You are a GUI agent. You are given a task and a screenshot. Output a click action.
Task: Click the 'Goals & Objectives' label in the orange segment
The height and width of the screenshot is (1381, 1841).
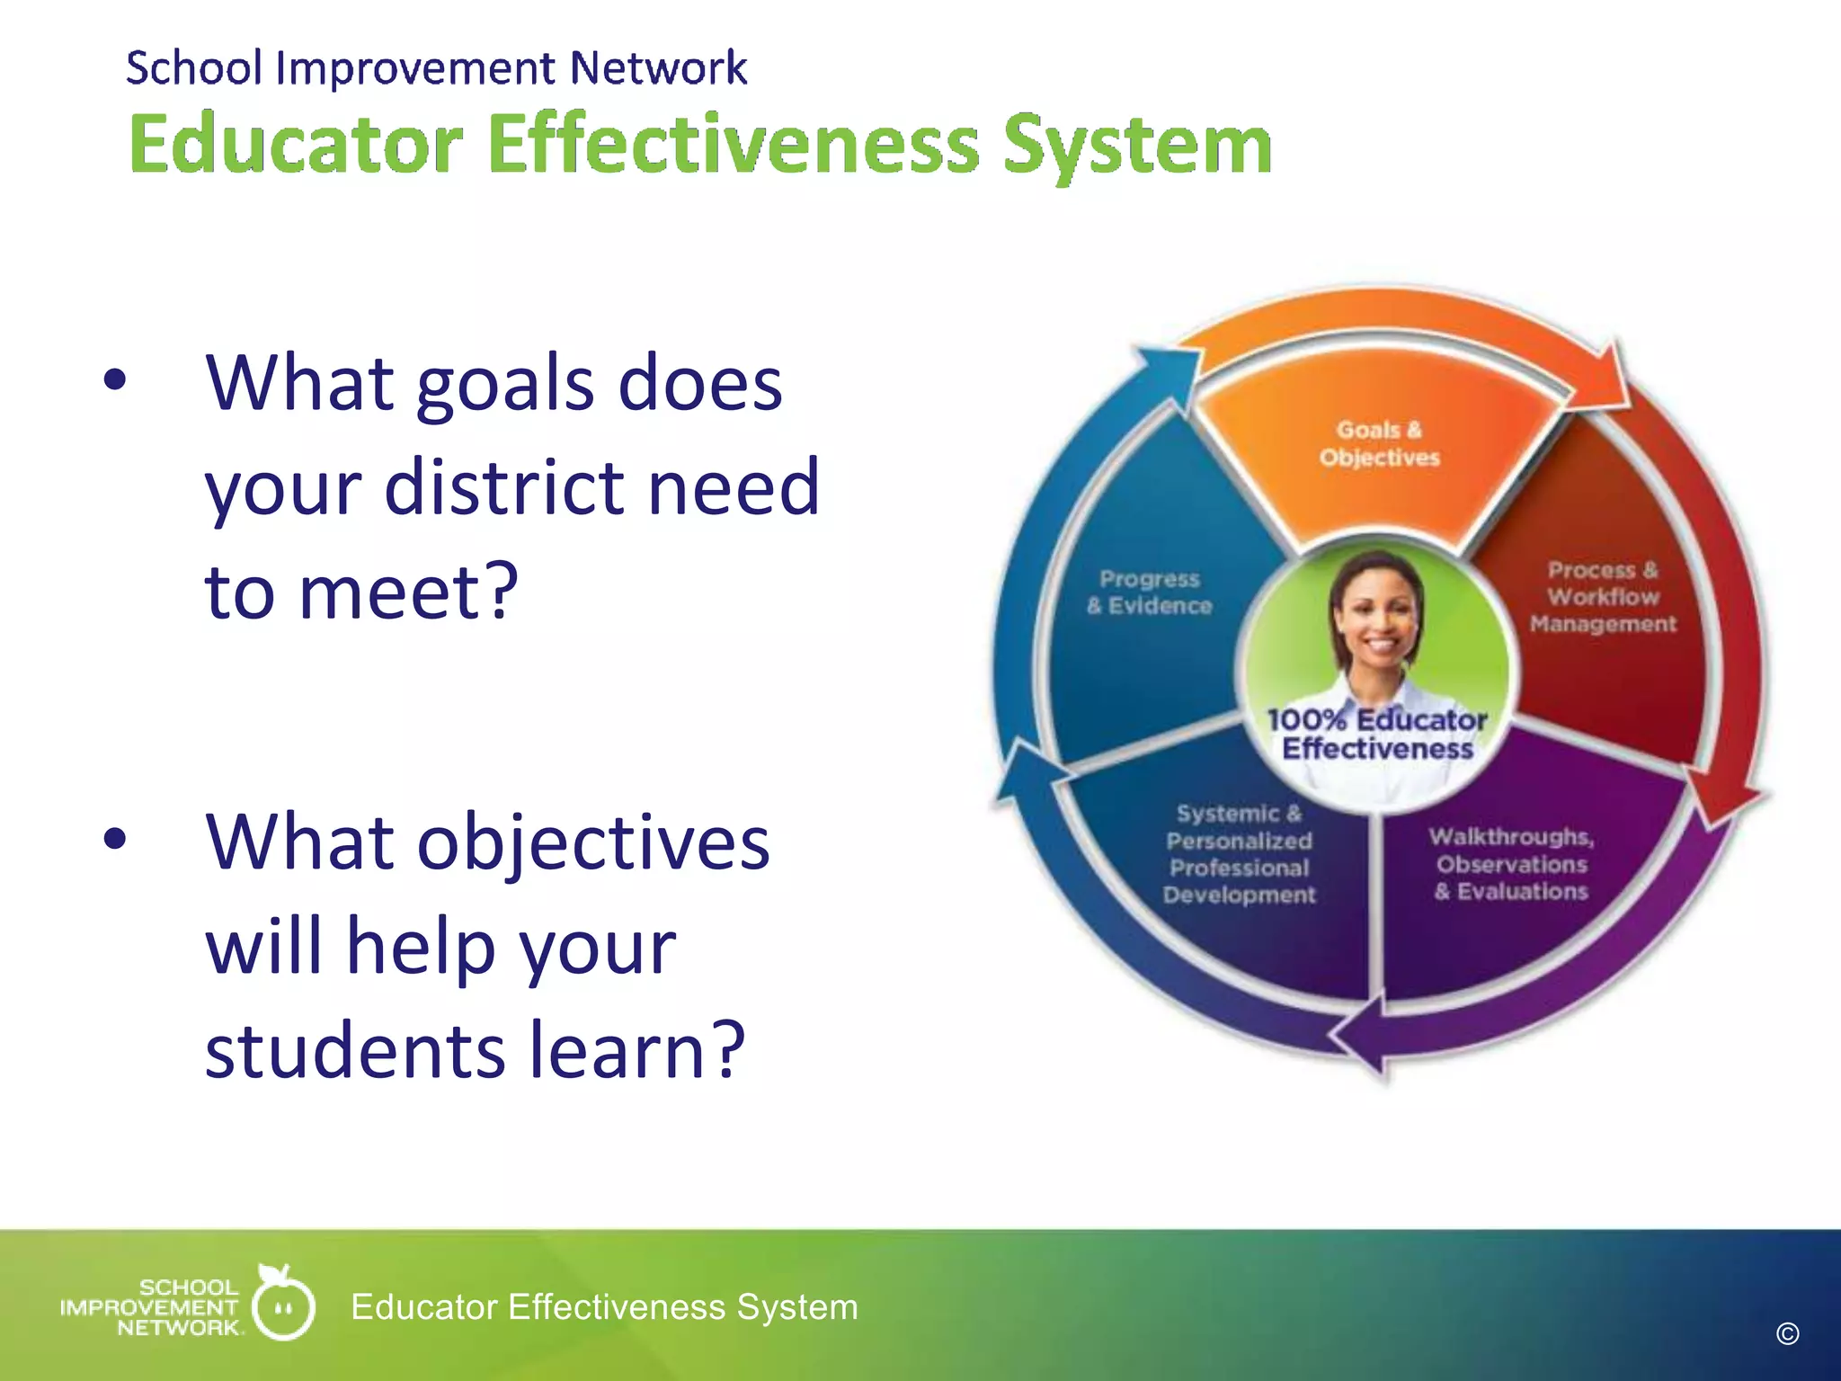(x=1379, y=443)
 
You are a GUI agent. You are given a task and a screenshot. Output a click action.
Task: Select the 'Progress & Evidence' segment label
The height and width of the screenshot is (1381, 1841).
(x=1150, y=592)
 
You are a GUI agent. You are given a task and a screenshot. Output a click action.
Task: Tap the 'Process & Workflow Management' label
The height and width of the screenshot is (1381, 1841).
(x=1603, y=597)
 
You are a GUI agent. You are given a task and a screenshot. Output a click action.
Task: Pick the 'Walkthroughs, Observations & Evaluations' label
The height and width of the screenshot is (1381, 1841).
(x=1512, y=864)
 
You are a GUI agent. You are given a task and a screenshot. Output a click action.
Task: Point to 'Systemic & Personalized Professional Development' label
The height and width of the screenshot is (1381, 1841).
(x=1239, y=854)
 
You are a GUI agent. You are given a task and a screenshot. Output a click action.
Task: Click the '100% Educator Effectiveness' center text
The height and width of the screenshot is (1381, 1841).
(x=1377, y=734)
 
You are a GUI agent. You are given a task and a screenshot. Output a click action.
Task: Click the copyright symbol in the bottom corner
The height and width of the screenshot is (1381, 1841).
(x=1787, y=1334)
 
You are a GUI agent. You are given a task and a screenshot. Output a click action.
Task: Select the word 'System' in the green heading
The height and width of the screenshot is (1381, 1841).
(x=1137, y=146)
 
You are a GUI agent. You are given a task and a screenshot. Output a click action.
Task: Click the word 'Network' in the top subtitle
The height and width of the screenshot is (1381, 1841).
(x=658, y=68)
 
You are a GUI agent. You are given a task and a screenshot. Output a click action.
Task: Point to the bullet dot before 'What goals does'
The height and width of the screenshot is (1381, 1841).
(x=115, y=380)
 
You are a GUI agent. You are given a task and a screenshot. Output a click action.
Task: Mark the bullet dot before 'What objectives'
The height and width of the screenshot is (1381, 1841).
(x=115, y=839)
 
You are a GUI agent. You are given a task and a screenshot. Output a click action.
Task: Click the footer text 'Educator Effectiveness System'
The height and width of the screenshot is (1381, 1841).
(x=604, y=1306)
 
